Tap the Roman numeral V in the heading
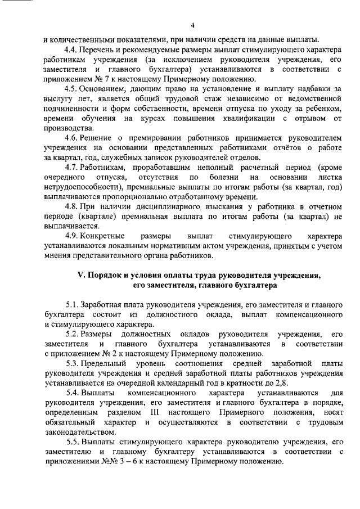click(79, 275)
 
